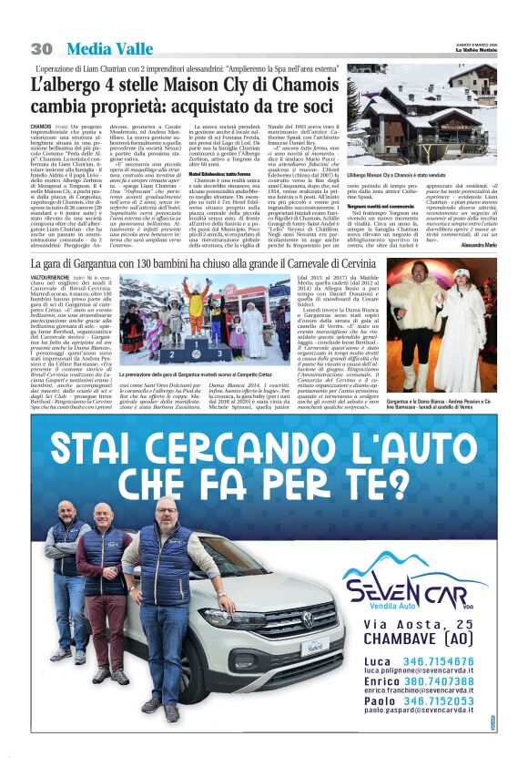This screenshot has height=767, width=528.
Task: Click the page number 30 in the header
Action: (x=42, y=48)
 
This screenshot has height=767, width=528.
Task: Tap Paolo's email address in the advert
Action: (x=430, y=710)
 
